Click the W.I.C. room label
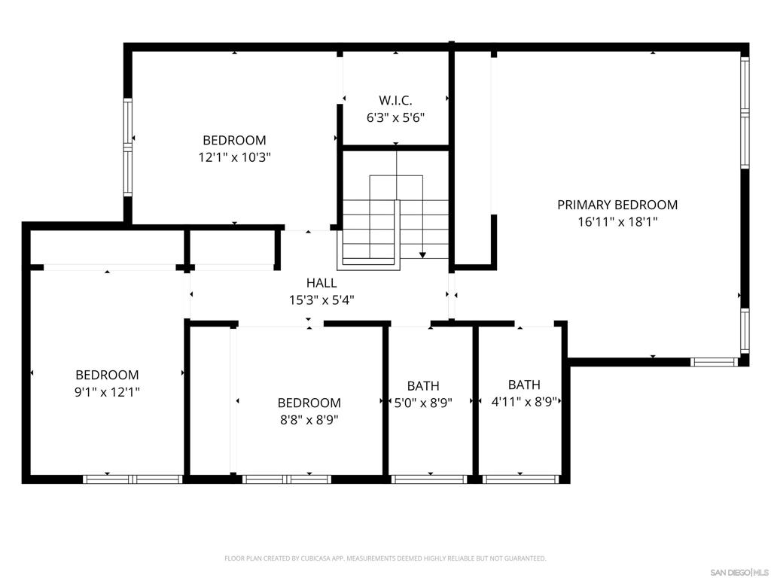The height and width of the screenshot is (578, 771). [395, 100]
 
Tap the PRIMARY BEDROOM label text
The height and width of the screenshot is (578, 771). [617, 205]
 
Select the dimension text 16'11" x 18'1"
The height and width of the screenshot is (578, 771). [617, 222]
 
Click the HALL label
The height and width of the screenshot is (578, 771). [322, 283]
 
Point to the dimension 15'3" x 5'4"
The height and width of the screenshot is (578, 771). [322, 300]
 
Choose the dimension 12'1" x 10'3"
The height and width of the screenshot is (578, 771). [235, 157]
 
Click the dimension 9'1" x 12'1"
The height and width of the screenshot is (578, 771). [107, 392]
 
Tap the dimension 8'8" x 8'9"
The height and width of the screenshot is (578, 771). [309, 420]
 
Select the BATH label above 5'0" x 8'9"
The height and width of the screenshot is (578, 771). [423, 386]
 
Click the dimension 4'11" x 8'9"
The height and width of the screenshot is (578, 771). [524, 402]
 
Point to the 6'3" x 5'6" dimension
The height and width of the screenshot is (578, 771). [396, 118]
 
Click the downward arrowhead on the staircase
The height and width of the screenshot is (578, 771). [422, 254]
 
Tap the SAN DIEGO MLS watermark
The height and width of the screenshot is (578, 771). [739, 573]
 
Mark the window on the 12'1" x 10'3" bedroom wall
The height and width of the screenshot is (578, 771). [128, 147]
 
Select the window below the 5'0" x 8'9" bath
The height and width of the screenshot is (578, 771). [429, 479]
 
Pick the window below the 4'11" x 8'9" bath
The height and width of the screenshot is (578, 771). [521, 479]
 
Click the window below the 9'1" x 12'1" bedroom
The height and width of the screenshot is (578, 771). [133, 479]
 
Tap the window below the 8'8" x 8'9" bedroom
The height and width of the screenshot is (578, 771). [287, 479]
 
